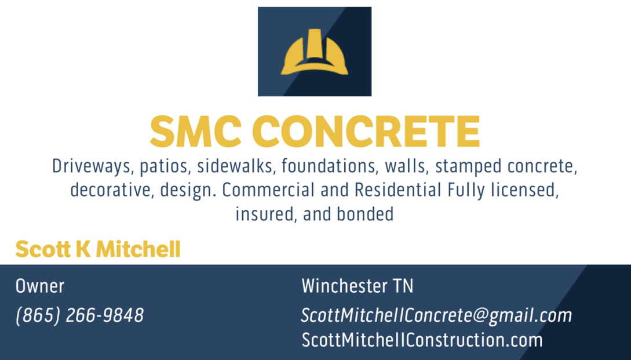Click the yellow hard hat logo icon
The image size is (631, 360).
point(314,52)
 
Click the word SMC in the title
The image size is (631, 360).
point(196,131)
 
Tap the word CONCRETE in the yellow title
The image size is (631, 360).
point(366,131)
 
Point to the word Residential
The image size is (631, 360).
point(398,190)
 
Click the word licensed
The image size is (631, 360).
point(525,190)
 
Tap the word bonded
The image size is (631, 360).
point(365,214)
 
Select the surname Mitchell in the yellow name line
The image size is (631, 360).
point(138,249)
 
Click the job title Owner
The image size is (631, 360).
point(40,286)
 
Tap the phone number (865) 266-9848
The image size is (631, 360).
point(80,315)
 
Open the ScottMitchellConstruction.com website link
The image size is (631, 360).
point(422,340)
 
